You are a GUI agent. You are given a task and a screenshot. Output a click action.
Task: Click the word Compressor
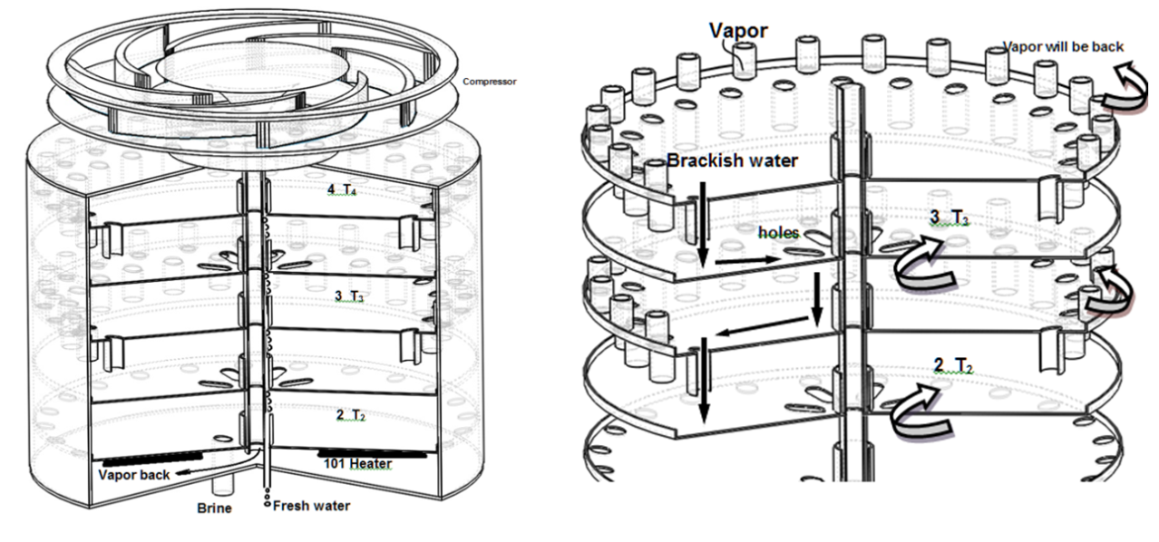[x=489, y=81]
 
